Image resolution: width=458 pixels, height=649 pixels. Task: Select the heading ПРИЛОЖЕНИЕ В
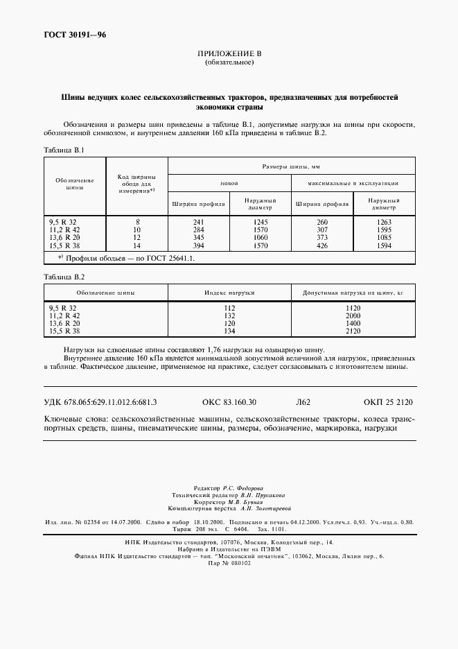click(229, 53)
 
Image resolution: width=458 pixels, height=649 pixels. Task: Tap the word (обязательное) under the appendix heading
click(229, 62)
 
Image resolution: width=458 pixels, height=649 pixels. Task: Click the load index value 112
click(229, 307)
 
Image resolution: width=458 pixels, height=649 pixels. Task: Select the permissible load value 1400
click(353, 322)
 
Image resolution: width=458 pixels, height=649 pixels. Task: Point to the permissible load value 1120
click(353, 307)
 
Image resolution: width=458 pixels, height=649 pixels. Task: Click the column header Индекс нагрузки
click(229, 293)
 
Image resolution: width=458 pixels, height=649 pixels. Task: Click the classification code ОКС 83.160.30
click(229, 401)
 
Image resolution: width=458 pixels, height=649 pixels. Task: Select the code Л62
click(303, 401)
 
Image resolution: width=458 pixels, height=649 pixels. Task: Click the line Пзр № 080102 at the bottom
click(229, 563)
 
